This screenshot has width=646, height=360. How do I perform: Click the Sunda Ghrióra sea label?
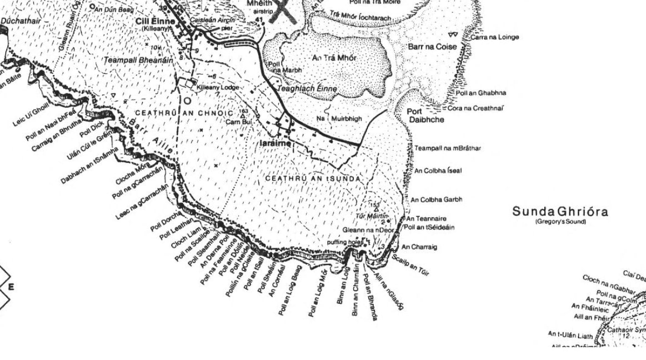(560, 212)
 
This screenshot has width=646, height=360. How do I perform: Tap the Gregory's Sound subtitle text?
(560, 222)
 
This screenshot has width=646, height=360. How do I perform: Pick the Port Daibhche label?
(425, 116)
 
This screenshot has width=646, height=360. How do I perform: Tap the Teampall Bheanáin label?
(138, 59)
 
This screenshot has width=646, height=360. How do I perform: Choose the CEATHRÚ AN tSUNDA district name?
(313, 179)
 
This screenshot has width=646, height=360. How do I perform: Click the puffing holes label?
(345, 242)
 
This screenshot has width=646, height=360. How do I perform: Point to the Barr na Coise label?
(432, 47)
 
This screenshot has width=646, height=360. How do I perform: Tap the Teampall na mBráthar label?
(448, 148)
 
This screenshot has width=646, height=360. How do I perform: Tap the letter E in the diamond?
(11, 287)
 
